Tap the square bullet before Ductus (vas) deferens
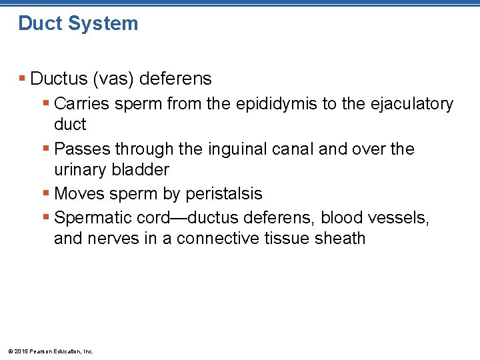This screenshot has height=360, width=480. (x=23, y=79)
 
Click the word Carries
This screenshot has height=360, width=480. (x=81, y=104)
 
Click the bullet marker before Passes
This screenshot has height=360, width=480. (x=46, y=149)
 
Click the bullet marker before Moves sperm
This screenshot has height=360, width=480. (x=46, y=194)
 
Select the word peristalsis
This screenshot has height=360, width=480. (x=224, y=194)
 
